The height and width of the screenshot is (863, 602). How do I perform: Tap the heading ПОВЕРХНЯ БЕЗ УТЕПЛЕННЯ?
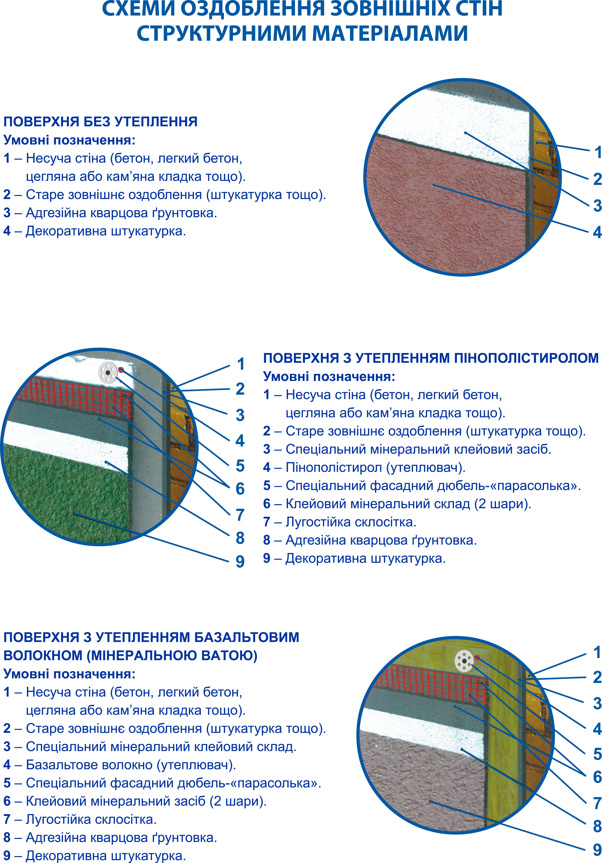pos(100,122)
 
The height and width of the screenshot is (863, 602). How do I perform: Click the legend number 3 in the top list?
pos(7,213)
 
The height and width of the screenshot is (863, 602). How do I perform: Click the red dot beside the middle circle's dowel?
pos(121,370)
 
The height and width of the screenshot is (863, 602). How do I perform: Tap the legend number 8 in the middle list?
pos(267,540)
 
